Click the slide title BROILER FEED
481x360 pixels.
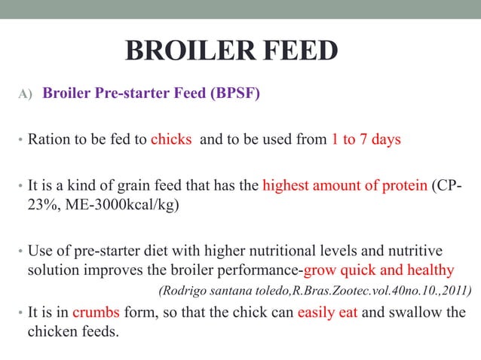tap(231, 51)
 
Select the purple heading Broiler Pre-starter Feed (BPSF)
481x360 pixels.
tap(152, 95)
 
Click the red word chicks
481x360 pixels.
tap(172, 139)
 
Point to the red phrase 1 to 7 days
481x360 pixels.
tap(366, 139)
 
